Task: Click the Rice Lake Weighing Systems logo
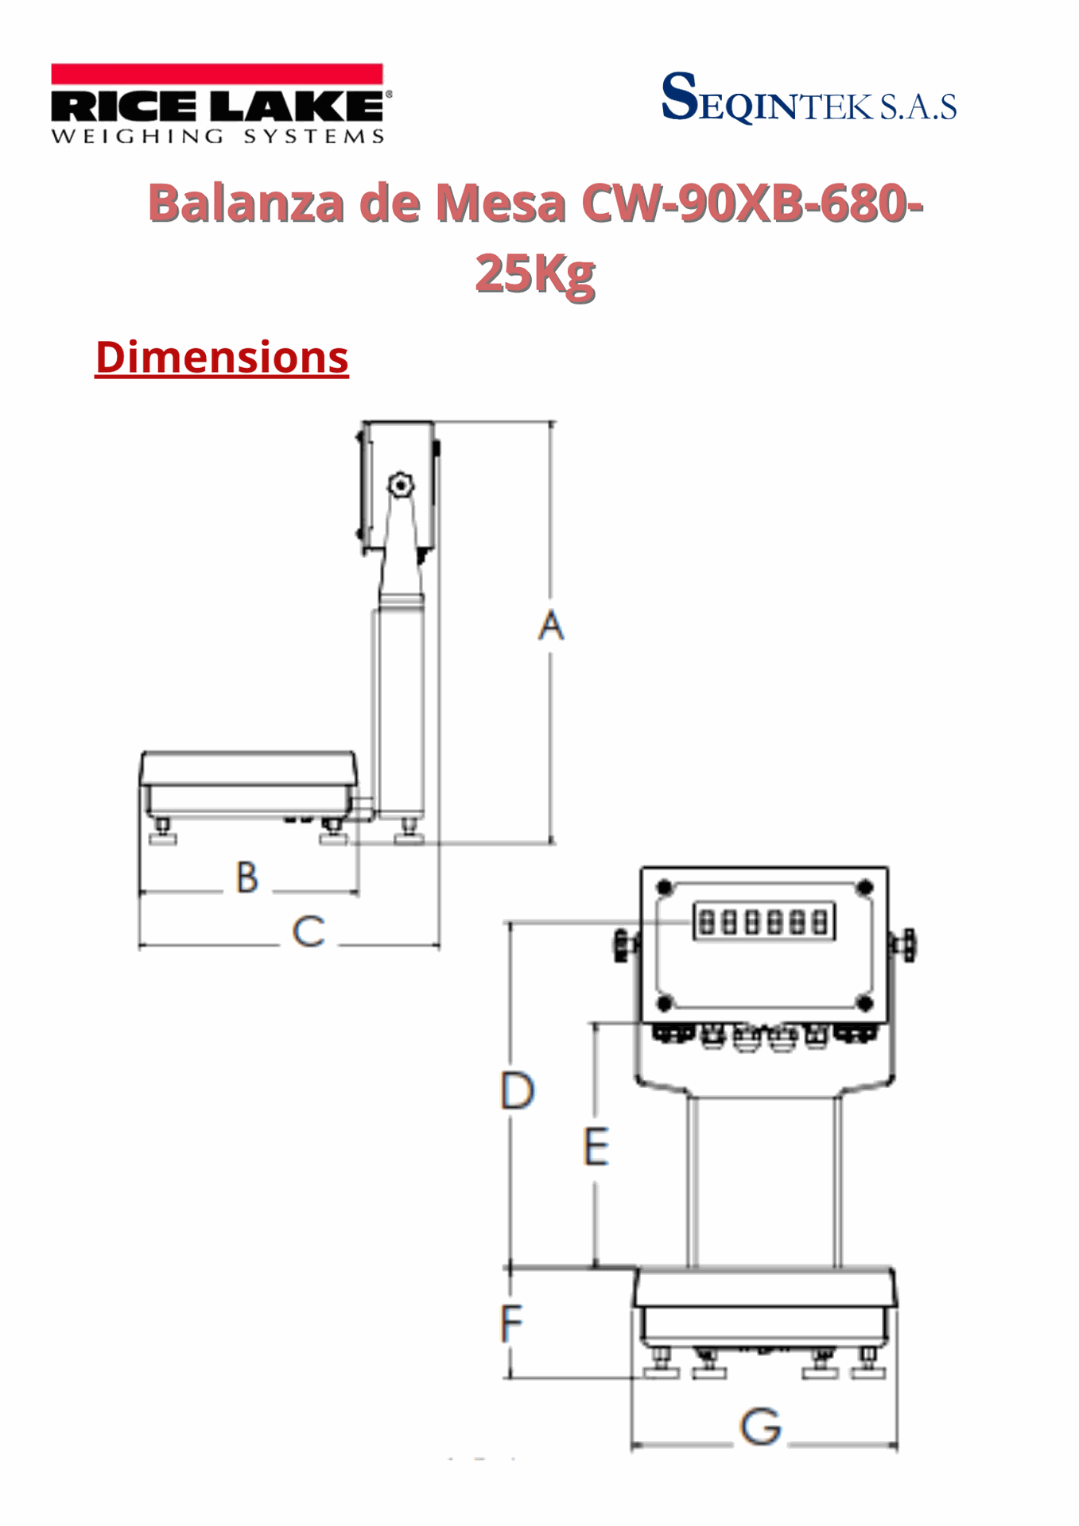[x=220, y=104]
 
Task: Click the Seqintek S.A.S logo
[x=809, y=98]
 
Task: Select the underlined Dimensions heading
[x=222, y=357]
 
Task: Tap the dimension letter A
[x=551, y=625]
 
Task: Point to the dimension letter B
[x=247, y=877]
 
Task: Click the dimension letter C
[x=309, y=931]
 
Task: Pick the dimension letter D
[x=518, y=1090]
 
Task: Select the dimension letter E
[x=596, y=1146]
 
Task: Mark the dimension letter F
[x=511, y=1323]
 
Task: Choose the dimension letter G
[x=761, y=1426]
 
